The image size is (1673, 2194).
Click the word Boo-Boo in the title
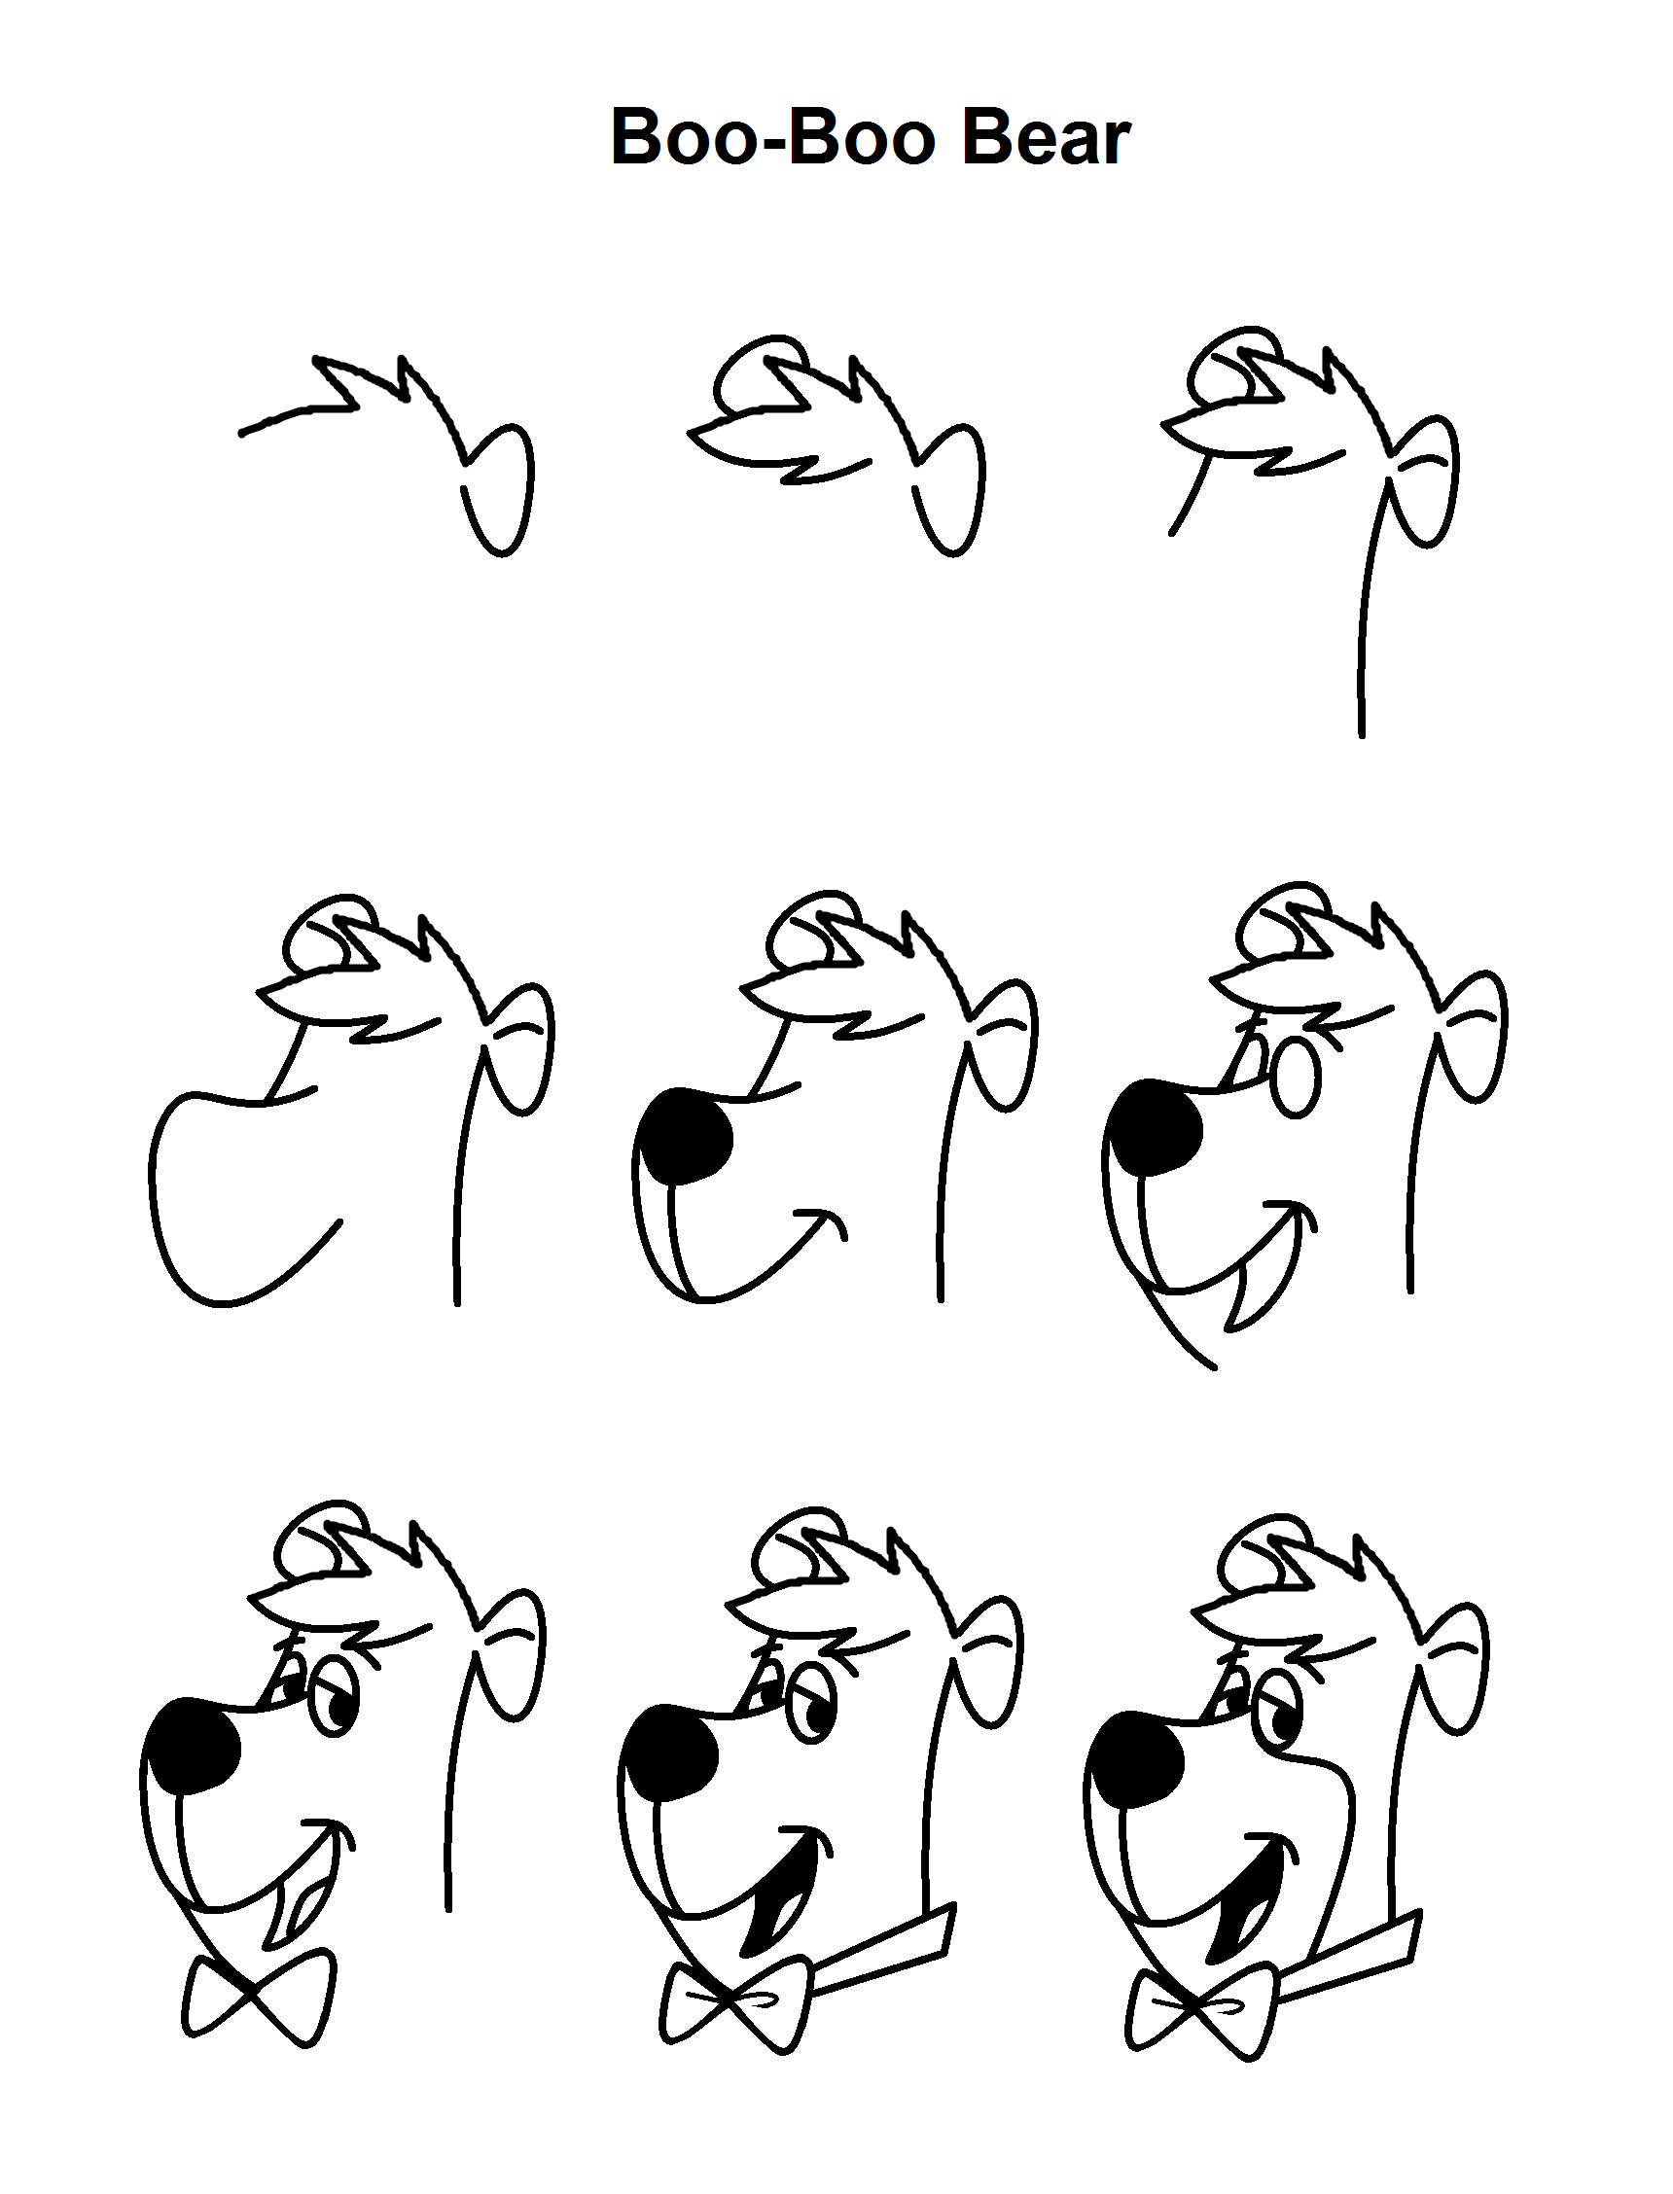[772, 137]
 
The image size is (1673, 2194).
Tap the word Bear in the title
[1046, 137]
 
